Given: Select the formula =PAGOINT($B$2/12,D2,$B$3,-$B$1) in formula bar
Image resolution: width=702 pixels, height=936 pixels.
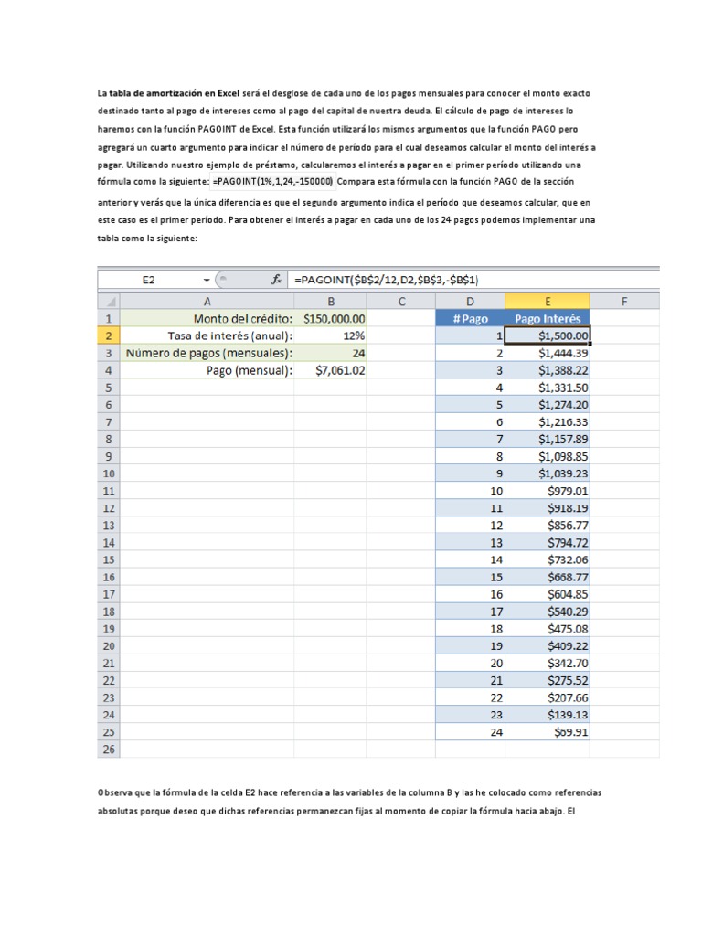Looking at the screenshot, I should point(388,281).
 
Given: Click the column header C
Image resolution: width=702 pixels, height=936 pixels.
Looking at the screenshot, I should point(401,301).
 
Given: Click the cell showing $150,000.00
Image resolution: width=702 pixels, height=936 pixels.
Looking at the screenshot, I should point(334,318).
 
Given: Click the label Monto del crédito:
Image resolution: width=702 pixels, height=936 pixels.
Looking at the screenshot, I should point(243,318).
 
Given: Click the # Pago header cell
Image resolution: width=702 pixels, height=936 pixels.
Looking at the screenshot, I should point(470,318).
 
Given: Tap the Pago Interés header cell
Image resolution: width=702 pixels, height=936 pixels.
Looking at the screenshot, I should point(547,318).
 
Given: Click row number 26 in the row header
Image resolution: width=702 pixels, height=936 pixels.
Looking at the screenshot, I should point(107,750).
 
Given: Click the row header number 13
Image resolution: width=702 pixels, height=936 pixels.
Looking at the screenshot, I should point(107,526).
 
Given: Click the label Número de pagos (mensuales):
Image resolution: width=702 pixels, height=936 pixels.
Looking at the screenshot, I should point(209,353).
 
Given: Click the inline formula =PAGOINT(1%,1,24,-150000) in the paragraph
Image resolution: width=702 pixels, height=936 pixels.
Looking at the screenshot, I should point(272,181).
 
